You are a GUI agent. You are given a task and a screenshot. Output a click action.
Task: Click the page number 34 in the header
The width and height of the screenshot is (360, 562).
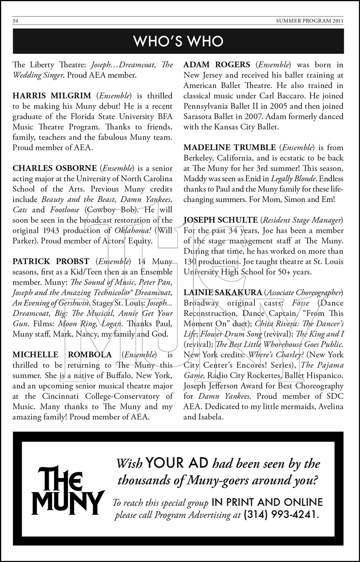(x=16, y=21)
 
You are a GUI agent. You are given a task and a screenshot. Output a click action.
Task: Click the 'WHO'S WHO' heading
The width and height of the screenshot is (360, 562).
(x=178, y=41)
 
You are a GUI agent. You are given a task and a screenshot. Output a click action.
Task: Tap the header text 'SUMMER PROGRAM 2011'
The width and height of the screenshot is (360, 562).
(x=309, y=21)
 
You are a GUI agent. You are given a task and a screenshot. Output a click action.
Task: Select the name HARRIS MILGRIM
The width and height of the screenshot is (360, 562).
(x=52, y=96)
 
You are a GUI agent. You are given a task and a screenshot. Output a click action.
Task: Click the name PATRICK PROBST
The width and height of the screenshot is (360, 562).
(x=51, y=261)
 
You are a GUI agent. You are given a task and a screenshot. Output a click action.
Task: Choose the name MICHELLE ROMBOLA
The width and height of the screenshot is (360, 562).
(x=62, y=354)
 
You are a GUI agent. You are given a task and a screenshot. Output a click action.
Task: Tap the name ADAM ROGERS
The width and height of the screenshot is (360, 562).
(x=217, y=65)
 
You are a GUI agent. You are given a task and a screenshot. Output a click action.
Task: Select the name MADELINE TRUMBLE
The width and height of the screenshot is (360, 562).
(x=229, y=147)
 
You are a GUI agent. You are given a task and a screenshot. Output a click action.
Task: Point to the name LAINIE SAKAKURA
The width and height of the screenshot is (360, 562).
(x=222, y=292)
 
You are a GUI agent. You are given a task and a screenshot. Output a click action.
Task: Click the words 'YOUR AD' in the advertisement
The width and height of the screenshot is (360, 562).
(x=177, y=463)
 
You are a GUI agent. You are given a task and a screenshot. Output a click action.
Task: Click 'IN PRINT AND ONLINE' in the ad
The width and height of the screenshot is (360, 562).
(x=267, y=502)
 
